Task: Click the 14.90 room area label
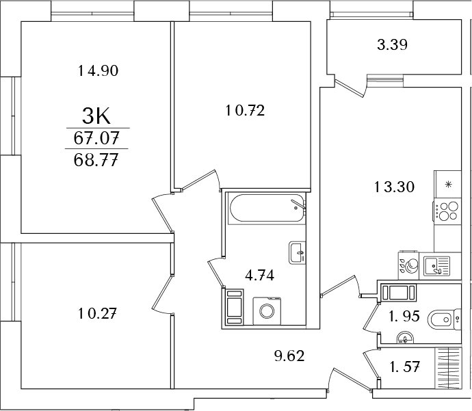pyautogui.click(x=98, y=71)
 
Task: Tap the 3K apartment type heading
pyautogui.click(x=96, y=117)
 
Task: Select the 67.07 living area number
pyautogui.click(x=96, y=139)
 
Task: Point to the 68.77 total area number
pyautogui.click(x=95, y=160)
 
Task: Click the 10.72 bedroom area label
pyautogui.click(x=245, y=111)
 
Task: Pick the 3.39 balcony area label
pyautogui.click(x=392, y=45)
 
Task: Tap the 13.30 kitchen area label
pyautogui.click(x=394, y=187)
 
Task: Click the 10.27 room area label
pyautogui.click(x=97, y=313)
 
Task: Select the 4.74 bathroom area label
pyautogui.click(x=259, y=275)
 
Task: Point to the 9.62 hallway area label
pyautogui.click(x=289, y=356)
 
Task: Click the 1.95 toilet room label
pyautogui.click(x=404, y=316)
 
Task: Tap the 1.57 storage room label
pyautogui.click(x=404, y=367)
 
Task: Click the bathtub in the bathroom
pyautogui.click(x=267, y=209)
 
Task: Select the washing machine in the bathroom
pyautogui.click(x=267, y=311)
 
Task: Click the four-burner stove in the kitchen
pyautogui.click(x=447, y=211)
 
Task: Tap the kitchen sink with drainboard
pyautogui.click(x=437, y=266)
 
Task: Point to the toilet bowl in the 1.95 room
pyautogui.click(x=444, y=319)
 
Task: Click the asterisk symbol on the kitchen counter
pyautogui.click(x=449, y=184)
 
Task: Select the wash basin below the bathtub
pyautogui.click(x=298, y=253)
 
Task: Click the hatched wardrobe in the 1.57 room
pyautogui.click(x=448, y=368)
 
